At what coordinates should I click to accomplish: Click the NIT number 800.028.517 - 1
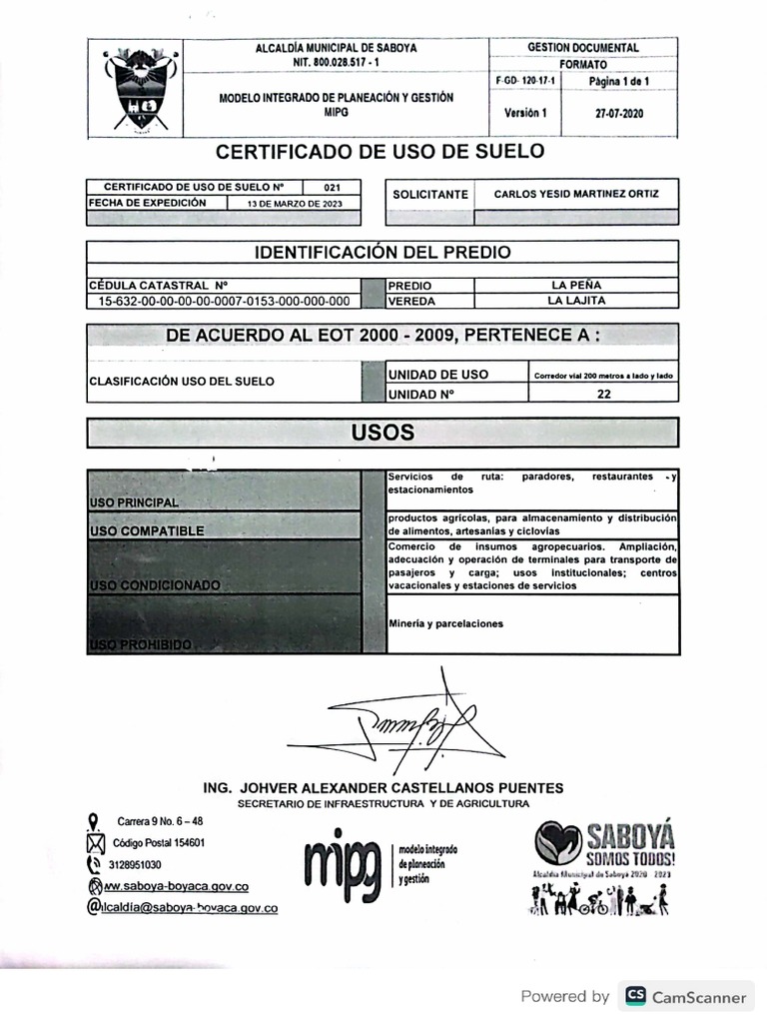click(337, 62)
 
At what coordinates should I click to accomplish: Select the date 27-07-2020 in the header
click(619, 113)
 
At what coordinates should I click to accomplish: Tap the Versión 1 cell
click(525, 113)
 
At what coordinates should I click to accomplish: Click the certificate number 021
click(333, 187)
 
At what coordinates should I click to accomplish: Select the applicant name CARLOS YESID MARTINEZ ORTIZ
click(576, 194)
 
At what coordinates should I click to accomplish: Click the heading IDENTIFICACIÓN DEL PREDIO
click(383, 252)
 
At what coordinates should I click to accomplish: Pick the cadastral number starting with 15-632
click(224, 300)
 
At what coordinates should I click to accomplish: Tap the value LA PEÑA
click(576, 285)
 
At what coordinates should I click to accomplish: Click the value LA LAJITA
click(576, 300)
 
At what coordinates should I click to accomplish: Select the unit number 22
click(603, 394)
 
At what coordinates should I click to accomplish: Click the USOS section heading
click(383, 433)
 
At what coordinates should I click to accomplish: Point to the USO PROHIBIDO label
click(140, 645)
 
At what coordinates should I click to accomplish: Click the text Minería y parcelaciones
click(445, 623)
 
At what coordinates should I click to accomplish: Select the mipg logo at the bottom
click(343, 858)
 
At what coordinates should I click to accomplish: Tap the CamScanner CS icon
click(635, 996)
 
